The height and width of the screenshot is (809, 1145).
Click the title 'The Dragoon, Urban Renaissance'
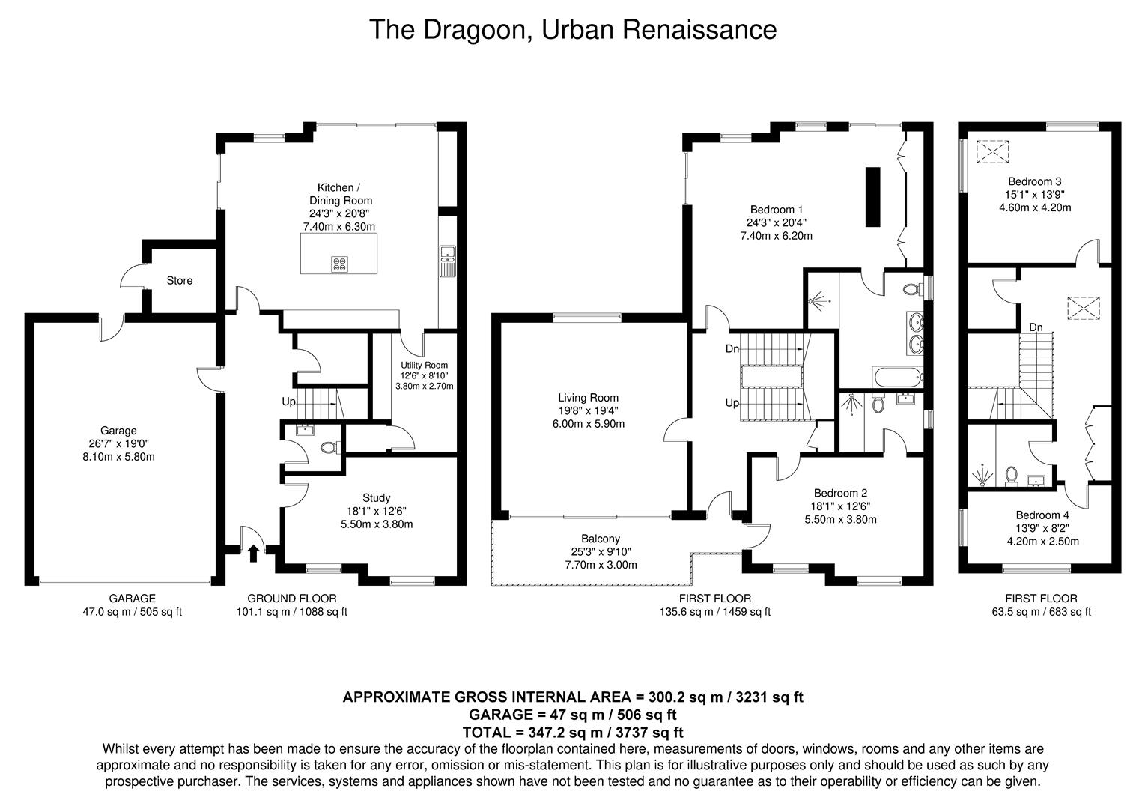tap(572, 30)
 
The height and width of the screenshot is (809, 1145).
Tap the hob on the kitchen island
tap(339, 264)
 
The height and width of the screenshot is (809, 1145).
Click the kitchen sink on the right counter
tap(447, 261)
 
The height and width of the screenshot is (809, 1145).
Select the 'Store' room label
tap(179, 281)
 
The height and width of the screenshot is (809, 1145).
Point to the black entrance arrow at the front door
tap(253, 554)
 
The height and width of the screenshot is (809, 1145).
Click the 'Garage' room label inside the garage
tap(118, 431)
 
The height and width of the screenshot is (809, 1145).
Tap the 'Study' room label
tap(376, 498)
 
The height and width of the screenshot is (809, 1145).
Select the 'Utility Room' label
tap(425, 366)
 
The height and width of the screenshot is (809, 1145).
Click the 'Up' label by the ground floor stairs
tap(288, 402)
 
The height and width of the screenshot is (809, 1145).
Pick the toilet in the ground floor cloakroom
tap(329, 448)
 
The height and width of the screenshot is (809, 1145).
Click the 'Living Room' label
tap(588, 398)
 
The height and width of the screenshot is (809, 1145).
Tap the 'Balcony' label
tap(601, 539)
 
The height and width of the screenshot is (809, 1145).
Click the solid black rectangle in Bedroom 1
tap(873, 197)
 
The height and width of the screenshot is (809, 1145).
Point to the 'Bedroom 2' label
tap(840, 494)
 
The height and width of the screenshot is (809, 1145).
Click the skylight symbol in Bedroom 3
tap(993, 152)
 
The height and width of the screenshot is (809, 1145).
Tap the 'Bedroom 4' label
tap(1042, 515)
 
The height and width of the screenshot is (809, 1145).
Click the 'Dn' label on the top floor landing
tap(1036, 327)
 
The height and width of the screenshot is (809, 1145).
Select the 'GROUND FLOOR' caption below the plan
tap(291, 599)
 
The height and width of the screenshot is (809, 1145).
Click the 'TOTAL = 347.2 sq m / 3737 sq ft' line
tap(573, 732)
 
